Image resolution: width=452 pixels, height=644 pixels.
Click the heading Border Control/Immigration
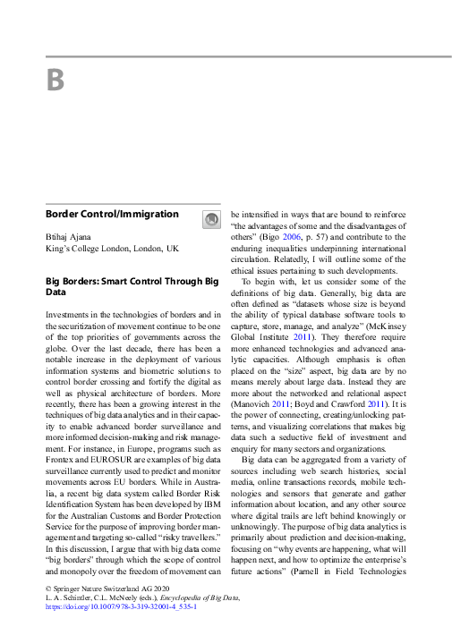pos(112,215)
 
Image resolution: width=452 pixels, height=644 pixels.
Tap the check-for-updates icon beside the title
pos(211,218)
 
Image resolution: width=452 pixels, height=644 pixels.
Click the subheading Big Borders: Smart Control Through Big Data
pos(132,286)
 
